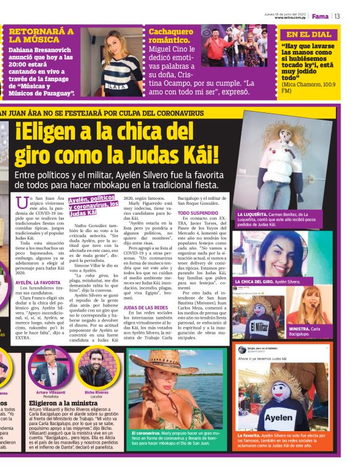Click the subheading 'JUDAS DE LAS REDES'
(x=146, y=308)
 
